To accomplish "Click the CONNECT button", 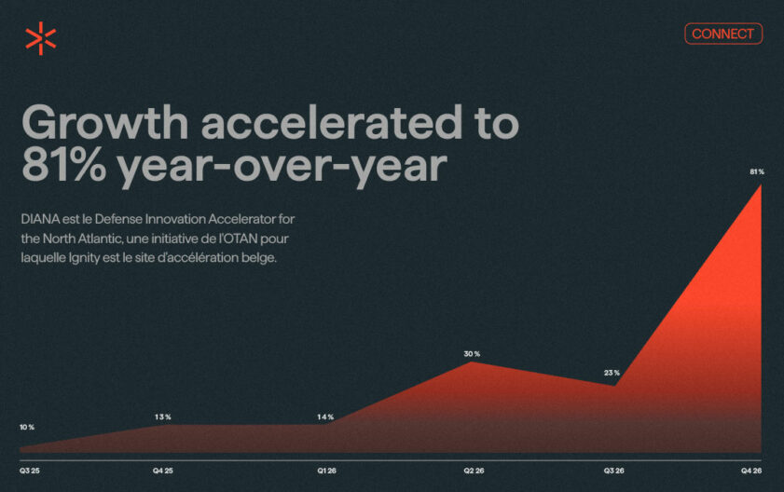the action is (723, 34).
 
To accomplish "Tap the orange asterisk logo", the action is (40, 38).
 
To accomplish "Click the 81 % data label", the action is (757, 171).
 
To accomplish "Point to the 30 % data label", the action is (472, 353).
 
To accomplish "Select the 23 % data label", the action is (612, 373).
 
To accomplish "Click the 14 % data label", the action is (325, 417).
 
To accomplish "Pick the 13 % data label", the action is (162, 417).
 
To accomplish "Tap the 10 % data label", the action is (27, 427).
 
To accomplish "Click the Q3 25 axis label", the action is (30, 471).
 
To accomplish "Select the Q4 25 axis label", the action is (163, 471).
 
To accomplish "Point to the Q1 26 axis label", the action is (326, 471).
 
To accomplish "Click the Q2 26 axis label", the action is (474, 471).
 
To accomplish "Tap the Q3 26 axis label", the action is (613, 471).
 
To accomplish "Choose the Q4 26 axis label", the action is (751, 471).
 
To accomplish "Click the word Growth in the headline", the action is (105, 122).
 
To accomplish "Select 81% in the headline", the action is (64, 165).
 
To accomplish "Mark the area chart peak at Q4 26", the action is (761, 185).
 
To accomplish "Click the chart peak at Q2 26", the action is (472, 362).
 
